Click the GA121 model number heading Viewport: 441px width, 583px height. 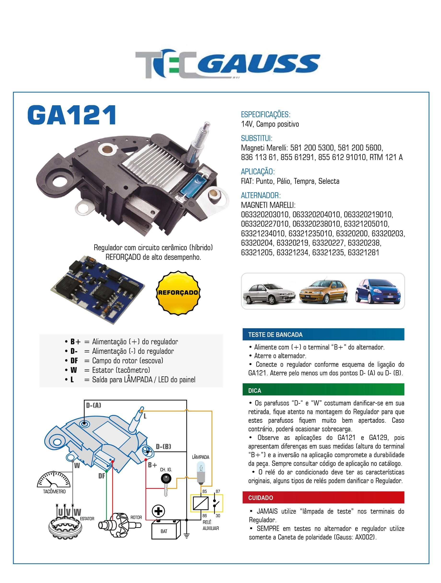72,115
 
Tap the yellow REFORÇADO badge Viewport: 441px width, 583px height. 178,293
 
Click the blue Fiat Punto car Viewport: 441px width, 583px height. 378,291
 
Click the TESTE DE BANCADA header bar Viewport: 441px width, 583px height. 323,334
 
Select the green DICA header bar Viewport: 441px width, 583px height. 323,390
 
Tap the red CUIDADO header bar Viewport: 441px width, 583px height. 323,498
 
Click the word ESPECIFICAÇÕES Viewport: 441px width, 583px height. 265,115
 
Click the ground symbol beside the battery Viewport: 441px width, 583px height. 187,536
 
